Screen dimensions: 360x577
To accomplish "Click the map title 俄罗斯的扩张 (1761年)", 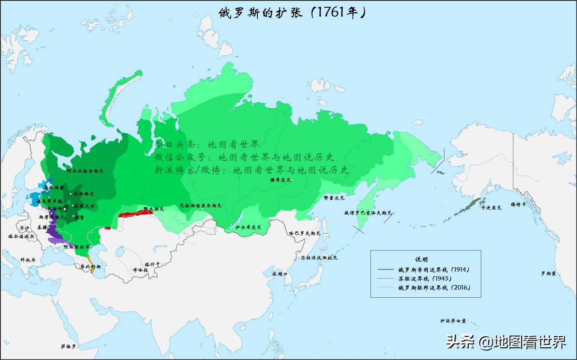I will pyautogui.click(x=292, y=12).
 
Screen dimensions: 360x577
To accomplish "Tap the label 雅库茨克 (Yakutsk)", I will pyautogui.click(x=280, y=180).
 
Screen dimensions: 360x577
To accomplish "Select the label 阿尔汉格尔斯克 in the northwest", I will pyautogui.click(x=85, y=171).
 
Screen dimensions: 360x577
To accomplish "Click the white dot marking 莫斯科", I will pyautogui.click(x=65, y=209).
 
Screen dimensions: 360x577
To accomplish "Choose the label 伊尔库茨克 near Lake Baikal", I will pyautogui.click(x=248, y=227).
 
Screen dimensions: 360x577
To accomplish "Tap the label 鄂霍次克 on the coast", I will pyautogui.click(x=334, y=198).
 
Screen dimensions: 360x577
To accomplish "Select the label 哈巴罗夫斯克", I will pyautogui.click(x=304, y=234).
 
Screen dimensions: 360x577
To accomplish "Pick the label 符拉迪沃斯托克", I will pyautogui.click(x=319, y=258).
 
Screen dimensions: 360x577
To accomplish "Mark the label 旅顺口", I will pyautogui.click(x=280, y=274).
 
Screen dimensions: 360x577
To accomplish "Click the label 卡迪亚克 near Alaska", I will pyautogui.click(x=492, y=208).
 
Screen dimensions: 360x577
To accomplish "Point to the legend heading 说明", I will pyautogui.click(x=421, y=259).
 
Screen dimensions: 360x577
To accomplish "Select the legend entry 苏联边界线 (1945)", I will pyautogui.click(x=422, y=278).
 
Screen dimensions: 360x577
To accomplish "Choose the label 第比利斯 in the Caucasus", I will pyautogui.click(x=90, y=266).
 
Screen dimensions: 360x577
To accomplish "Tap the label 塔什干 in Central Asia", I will pyautogui.click(x=152, y=264).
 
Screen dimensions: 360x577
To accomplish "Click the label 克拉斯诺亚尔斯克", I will pyautogui.click(x=200, y=205).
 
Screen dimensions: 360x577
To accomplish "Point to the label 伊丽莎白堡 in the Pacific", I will pyautogui.click(x=453, y=320).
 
